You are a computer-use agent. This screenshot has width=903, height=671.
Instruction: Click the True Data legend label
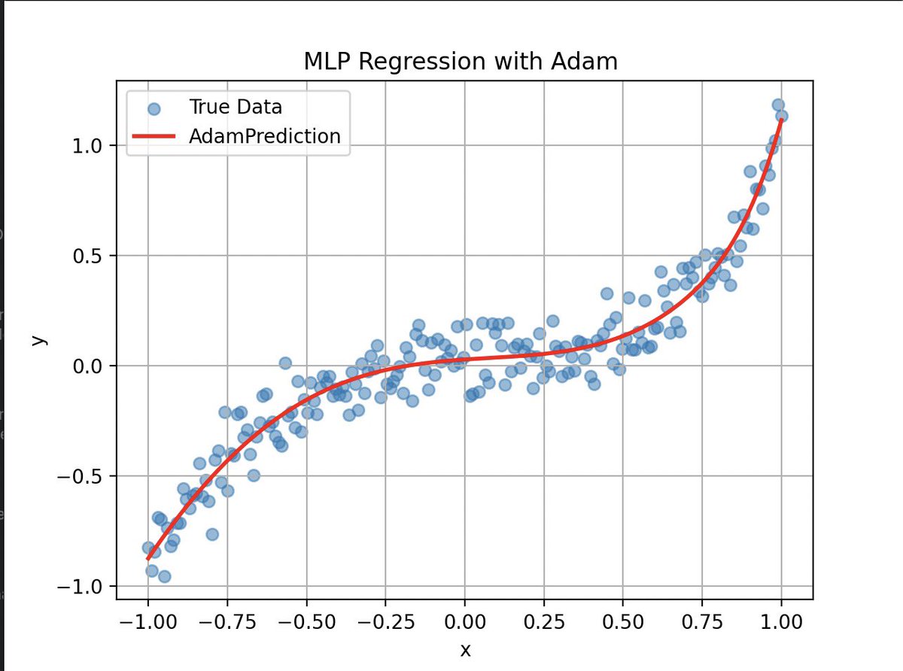(236, 107)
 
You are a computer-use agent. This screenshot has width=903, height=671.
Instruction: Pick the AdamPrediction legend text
(265, 136)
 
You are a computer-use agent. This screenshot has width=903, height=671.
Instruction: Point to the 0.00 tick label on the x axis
(465, 623)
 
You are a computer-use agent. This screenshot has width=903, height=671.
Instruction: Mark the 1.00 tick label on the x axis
(781, 623)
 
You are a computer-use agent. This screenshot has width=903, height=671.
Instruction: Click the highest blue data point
(778, 105)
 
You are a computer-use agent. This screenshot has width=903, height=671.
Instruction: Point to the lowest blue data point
(164, 576)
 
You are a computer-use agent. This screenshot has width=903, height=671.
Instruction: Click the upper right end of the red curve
(781, 120)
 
